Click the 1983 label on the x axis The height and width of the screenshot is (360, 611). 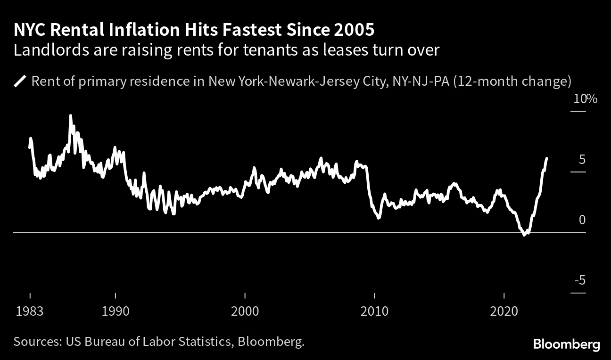coord(30,311)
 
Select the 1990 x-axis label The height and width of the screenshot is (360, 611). coord(115,311)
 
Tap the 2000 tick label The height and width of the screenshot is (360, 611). coord(245,311)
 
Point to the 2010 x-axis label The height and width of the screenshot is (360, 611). coord(374,311)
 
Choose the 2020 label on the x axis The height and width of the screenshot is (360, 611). coord(504,311)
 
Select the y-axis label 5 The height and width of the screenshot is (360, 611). coord(582,160)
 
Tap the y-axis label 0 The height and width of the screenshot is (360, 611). coord(582,221)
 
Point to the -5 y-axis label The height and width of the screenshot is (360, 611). coord(580,281)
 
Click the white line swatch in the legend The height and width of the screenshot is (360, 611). coord(20,82)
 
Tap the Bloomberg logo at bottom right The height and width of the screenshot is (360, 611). coord(566,344)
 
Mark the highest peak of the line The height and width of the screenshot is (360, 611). coord(71,115)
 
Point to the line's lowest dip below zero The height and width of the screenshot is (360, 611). coord(525,235)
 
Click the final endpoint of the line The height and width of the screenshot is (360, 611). coord(546,158)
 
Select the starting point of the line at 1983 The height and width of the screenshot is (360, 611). coord(30,147)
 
